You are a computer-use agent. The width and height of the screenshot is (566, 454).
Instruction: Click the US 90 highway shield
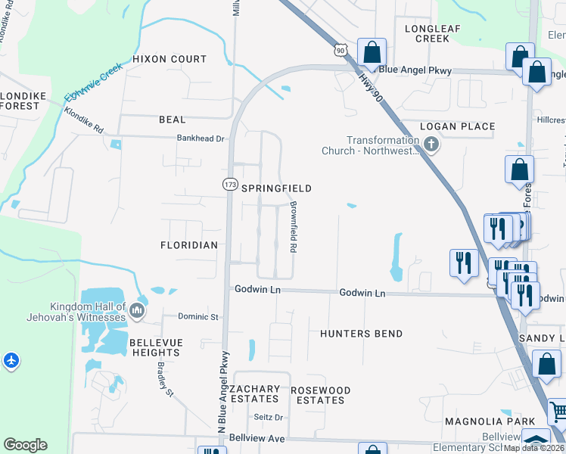click(341, 50)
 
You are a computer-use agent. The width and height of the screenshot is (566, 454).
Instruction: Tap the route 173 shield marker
click(230, 184)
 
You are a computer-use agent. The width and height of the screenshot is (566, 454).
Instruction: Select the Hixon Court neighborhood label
click(169, 59)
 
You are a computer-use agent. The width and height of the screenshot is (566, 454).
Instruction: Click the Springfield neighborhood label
click(276, 188)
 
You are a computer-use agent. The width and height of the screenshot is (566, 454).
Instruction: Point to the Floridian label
click(189, 245)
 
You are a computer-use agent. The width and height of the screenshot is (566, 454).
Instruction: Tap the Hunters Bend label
click(361, 334)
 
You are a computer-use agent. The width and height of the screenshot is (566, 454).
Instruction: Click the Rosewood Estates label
click(321, 395)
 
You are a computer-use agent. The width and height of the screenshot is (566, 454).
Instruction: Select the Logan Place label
click(458, 126)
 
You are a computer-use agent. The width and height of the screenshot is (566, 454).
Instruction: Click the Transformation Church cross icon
click(431, 144)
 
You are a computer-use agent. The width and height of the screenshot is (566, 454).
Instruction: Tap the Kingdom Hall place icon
click(137, 310)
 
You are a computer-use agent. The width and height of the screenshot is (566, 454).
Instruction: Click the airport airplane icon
click(11, 360)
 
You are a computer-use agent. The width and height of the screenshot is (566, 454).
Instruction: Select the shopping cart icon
click(558, 412)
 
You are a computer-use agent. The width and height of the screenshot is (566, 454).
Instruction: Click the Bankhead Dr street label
click(201, 138)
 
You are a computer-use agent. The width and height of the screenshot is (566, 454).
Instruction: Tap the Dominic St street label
click(197, 316)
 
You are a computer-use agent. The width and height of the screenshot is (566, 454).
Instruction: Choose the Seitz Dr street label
click(268, 417)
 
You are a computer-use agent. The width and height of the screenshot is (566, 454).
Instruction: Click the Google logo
click(25, 445)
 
